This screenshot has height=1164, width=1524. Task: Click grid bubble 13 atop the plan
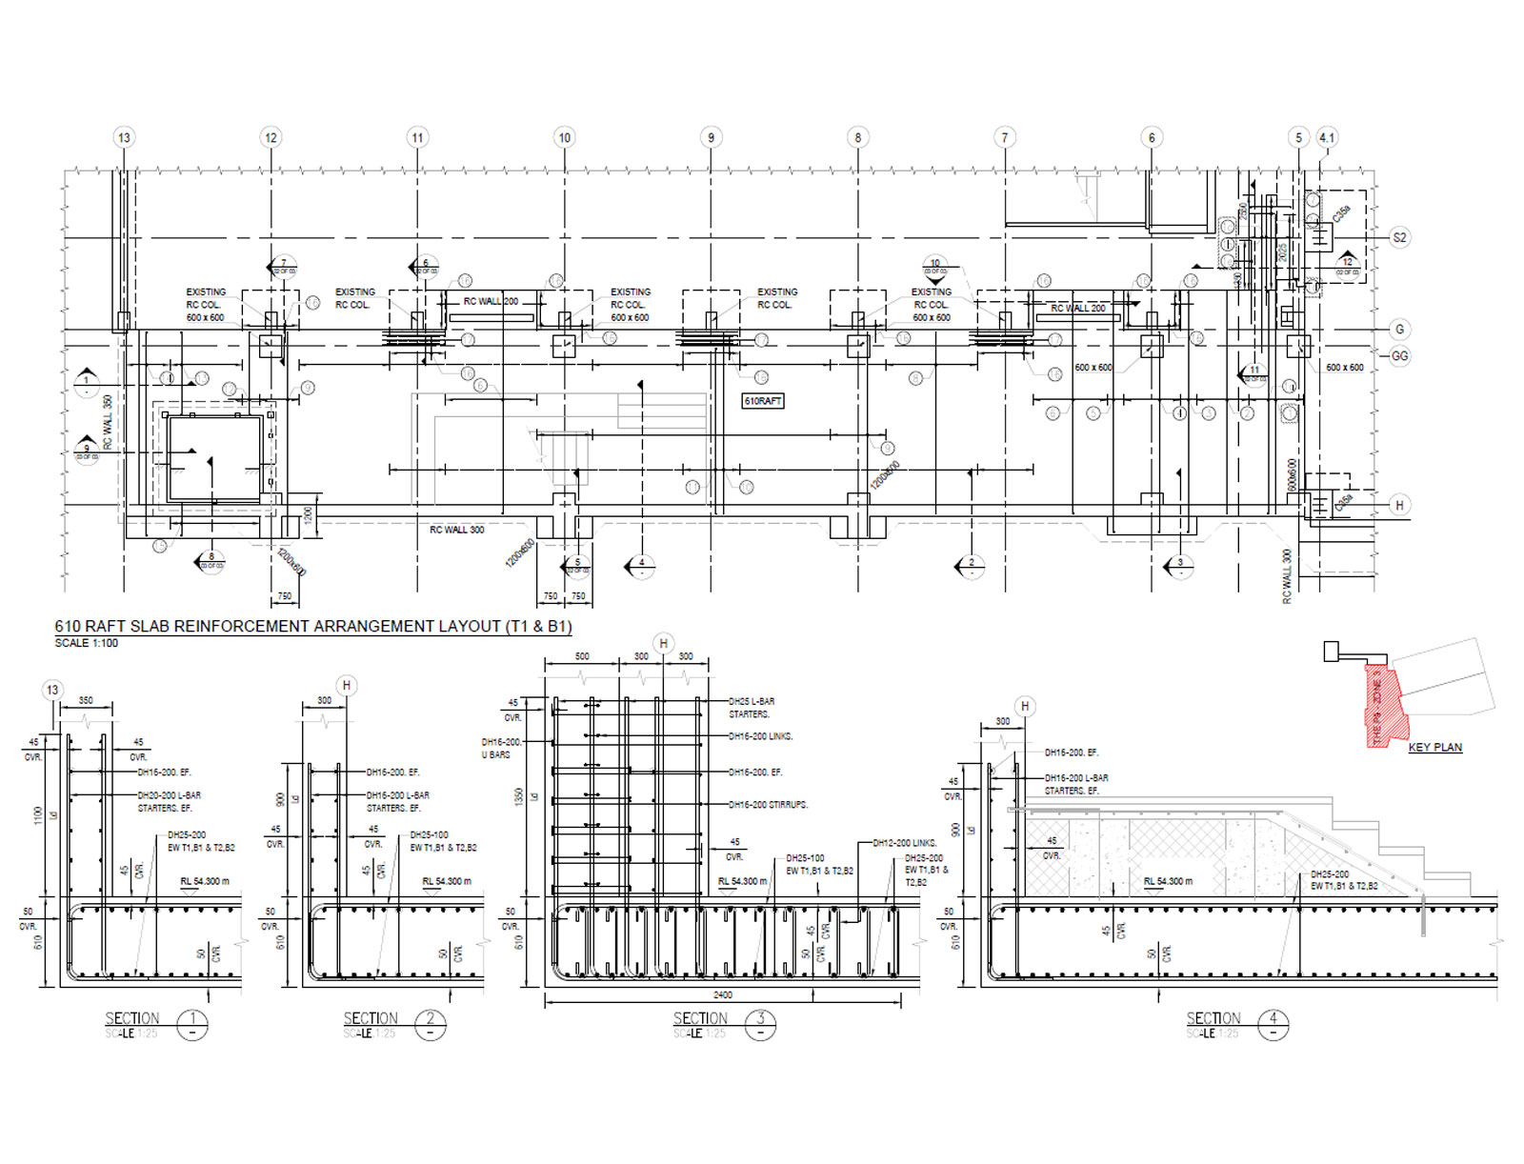[x=124, y=137]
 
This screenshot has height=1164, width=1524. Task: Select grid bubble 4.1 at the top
[x=1327, y=137]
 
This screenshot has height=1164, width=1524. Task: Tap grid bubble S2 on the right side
[x=1399, y=237]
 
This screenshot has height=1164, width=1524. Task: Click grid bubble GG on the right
[x=1399, y=356]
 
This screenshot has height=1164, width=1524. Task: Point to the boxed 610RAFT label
[x=763, y=401]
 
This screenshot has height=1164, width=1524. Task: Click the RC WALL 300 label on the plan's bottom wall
[x=456, y=530]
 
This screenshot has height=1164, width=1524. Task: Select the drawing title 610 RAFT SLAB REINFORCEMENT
[x=312, y=626]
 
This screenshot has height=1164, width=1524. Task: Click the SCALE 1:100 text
[x=87, y=643]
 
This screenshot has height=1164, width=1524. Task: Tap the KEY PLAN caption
[x=1434, y=748]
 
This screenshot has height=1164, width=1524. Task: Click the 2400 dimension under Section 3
[x=723, y=994]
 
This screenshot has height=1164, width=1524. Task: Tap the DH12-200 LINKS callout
[x=905, y=843]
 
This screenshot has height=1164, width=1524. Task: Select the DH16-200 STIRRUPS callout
[x=768, y=805]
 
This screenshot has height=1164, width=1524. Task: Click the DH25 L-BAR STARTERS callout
[x=752, y=707]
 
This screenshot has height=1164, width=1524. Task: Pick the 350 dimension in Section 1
[x=86, y=700]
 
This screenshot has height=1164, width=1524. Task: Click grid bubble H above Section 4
[x=1025, y=706]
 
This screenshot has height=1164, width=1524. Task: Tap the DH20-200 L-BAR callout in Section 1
[x=169, y=795]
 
